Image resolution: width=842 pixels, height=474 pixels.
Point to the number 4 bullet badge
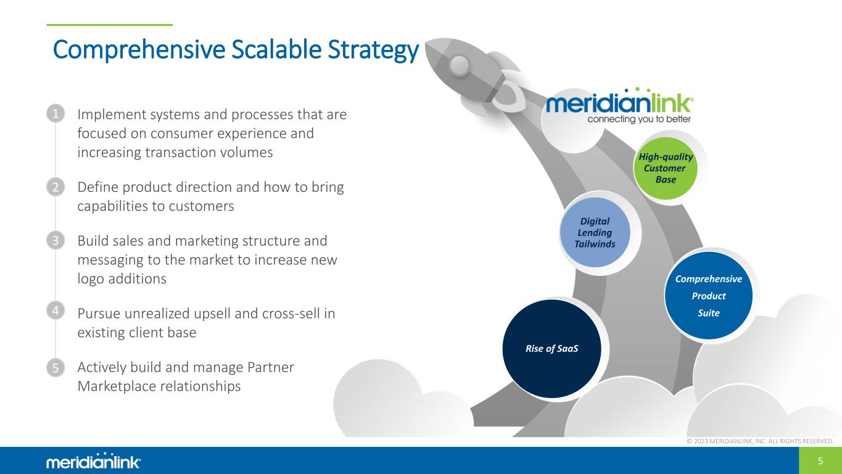(56, 312)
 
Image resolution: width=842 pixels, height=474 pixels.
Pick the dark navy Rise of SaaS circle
(551, 348)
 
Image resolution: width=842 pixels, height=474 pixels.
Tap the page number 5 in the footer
(820, 460)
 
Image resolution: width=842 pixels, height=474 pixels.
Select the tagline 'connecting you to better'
(638, 119)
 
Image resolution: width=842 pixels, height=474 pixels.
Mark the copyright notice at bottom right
(759, 441)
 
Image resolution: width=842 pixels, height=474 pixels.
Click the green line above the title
(110, 25)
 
